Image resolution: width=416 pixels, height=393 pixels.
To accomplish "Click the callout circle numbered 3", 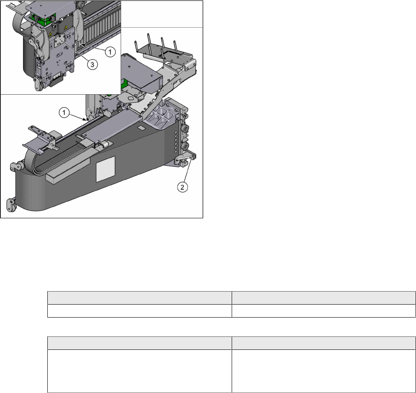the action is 92,65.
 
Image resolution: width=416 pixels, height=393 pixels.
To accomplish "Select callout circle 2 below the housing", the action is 182,187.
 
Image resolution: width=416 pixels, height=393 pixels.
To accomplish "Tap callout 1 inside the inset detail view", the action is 110,52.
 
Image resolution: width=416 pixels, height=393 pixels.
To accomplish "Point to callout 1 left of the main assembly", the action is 64,113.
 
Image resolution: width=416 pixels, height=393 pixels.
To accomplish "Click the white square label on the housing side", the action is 105,169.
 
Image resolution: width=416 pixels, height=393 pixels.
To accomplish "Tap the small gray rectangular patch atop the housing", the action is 142,128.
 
